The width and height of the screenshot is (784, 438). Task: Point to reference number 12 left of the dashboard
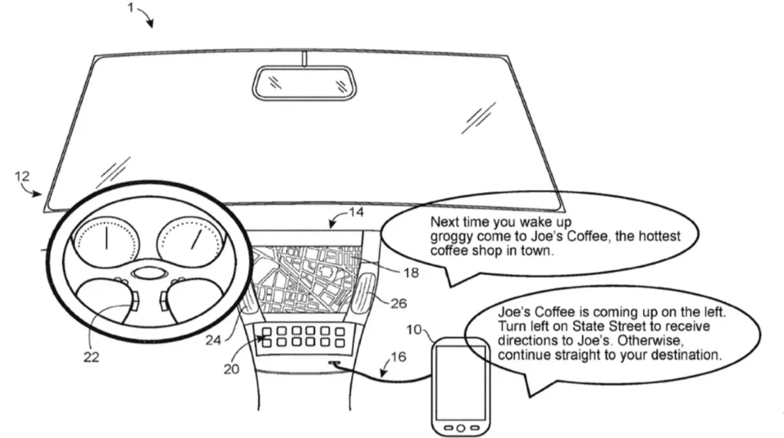(22, 176)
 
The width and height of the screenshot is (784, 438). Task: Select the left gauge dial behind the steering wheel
(106, 239)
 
